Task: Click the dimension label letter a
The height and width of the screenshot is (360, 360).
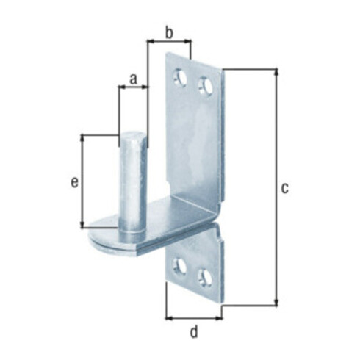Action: pyautogui.click(x=133, y=79)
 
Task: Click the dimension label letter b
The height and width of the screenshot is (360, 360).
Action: pyautogui.click(x=169, y=33)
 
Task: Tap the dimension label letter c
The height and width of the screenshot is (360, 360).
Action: pyautogui.click(x=284, y=188)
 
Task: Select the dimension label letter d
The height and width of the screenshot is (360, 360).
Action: pyautogui.click(x=194, y=332)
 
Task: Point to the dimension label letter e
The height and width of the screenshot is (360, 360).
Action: pyautogui.click(x=75, y=182)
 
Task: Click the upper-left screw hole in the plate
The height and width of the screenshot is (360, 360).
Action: pyautogui.click(x=180, y=77)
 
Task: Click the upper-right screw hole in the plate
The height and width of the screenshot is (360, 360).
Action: pyautogui.click(x=206, y=86)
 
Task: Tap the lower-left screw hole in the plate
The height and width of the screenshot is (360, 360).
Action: pyautogui.click(x=179, y=267)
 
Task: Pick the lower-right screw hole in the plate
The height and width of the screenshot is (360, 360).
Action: pyautogui.click(x=205, y=278)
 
